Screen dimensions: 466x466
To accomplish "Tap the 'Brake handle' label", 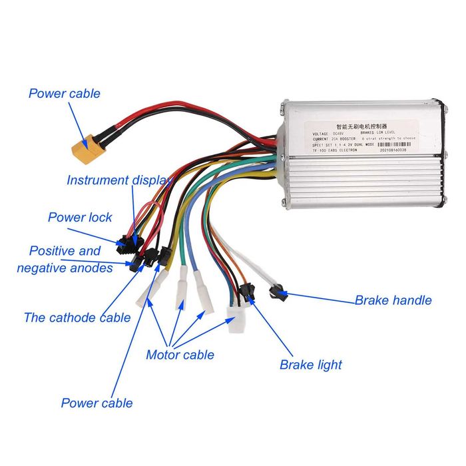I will coord(393,300).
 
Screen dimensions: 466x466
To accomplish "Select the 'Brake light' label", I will coord(310,364).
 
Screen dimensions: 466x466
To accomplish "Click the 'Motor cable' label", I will coord(180,354).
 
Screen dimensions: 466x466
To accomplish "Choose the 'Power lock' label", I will coord(80,217).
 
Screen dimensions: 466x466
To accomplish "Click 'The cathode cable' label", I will coord(77,317).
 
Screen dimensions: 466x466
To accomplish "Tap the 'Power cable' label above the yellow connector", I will coord(65,93).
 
